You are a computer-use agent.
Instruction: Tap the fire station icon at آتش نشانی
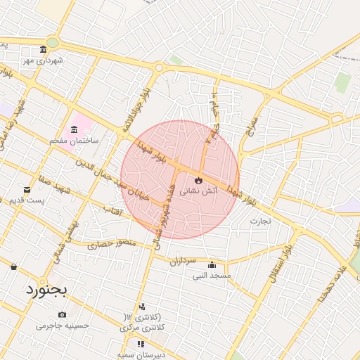(199, 179)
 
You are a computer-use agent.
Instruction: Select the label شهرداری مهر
(43, 60)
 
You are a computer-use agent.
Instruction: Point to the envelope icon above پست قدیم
(27, 190)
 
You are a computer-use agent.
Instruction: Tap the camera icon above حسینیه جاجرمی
(63, 314)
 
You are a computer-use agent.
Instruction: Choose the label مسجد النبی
(212, 276)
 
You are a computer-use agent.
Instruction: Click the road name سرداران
(181, 260)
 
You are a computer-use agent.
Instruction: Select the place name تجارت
(260, 220)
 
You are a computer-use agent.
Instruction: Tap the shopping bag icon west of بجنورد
(13, 266)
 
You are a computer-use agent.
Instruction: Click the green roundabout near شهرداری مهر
(52, 42)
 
